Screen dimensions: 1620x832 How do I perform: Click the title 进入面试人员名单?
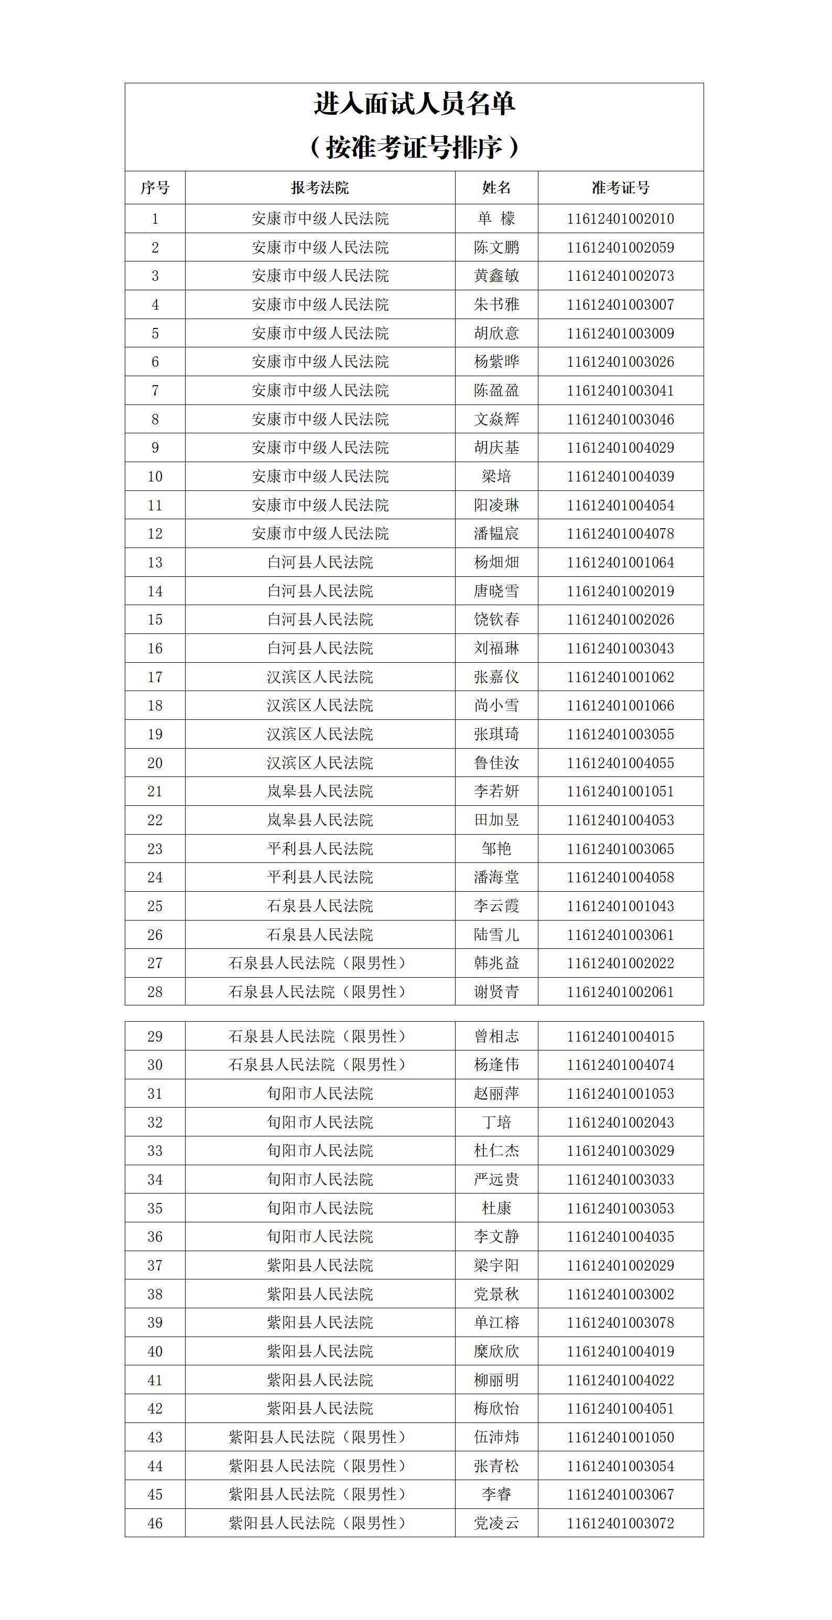(415, 104)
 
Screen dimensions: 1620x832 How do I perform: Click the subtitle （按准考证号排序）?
(415, 148)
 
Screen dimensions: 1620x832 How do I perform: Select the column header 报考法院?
(320, 188)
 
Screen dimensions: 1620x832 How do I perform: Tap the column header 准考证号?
(621, 188)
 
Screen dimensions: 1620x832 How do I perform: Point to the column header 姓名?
(496, 188)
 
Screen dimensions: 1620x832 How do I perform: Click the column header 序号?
(155, 188)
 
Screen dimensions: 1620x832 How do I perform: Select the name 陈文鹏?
(496, 247)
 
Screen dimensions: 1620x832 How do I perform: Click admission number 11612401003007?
(621, 305)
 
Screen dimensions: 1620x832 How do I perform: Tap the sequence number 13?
(155, 562)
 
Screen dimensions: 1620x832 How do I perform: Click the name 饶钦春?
(496, 619)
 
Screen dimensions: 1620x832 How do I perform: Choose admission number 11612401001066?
(621, 706)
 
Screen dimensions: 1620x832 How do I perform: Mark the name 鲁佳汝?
(496, 763)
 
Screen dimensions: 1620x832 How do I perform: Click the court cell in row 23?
(320, 849)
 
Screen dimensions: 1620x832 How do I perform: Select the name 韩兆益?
(496, 964)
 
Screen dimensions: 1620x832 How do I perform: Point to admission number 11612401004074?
(621, 1065)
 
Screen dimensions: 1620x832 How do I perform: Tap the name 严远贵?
(496, 1179)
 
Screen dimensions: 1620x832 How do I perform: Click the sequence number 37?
(155, 1265)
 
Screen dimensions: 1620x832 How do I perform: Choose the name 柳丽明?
(496, 1380)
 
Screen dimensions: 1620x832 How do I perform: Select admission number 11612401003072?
(621, 1523)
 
